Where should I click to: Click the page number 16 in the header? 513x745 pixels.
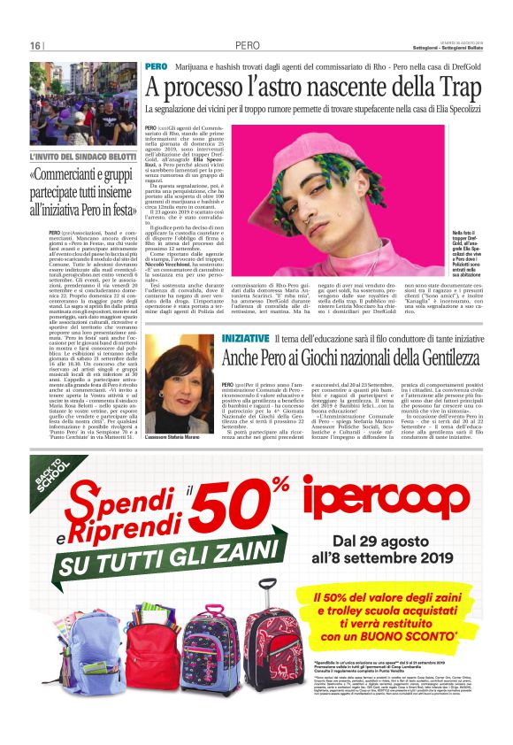(x=35, y=46)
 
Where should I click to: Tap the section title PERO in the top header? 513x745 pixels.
(x=248, y=46)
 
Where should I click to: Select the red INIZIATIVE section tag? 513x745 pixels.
(x=220, y=339)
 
